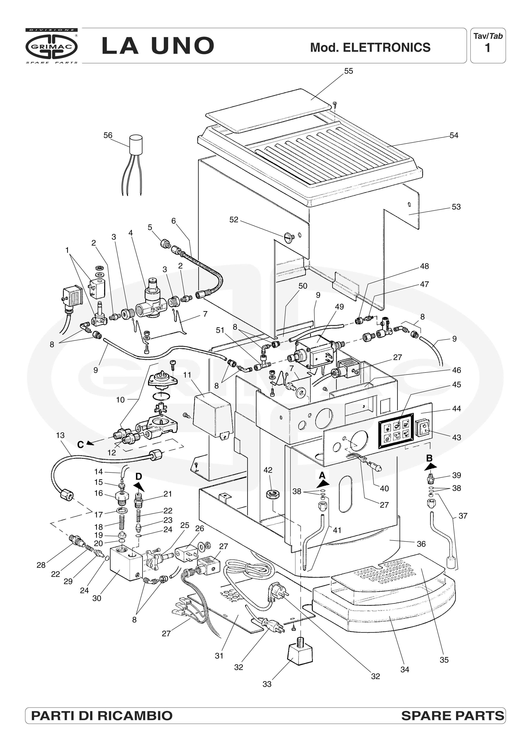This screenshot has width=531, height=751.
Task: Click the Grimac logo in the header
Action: click(51, 46)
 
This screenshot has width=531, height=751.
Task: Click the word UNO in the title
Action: click(182, 46)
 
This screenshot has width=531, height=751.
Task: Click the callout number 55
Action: click(349, 71)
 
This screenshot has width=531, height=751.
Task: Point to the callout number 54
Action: click(454, 136)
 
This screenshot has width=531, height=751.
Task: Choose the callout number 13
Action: click(60, 435)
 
